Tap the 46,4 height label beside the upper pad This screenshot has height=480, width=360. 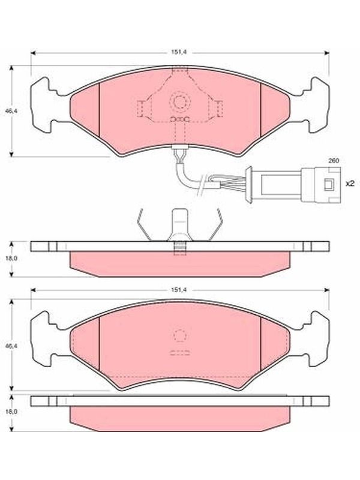[x=12, y=112]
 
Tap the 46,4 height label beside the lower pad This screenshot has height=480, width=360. [x=12, y=346]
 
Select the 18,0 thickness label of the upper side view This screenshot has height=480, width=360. [x=12, y=258]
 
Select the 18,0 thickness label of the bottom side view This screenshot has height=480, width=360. [x=12, y=412]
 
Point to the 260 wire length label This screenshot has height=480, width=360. [x=334, y=161]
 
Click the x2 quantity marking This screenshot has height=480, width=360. [x=350, y=184]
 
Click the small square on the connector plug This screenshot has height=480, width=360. [x=329, y=184]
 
